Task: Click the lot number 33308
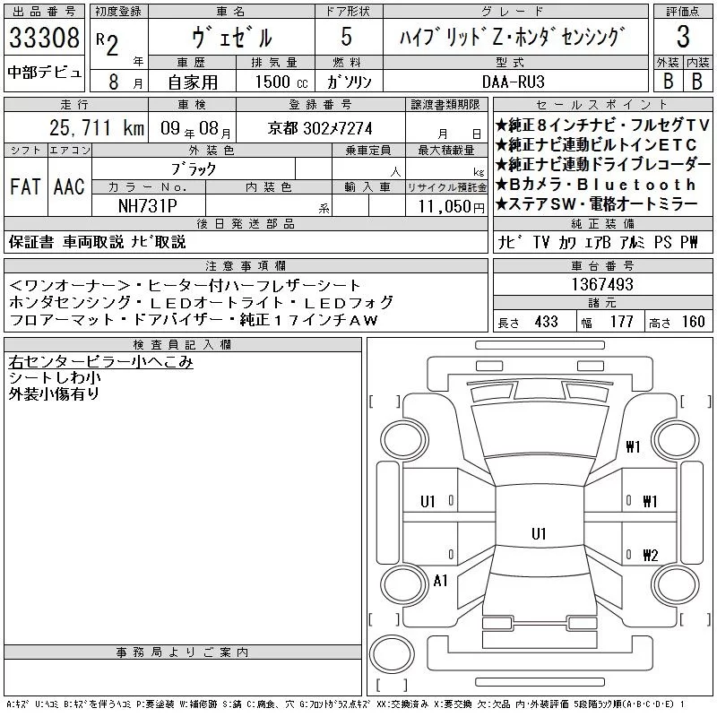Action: coord(44,38)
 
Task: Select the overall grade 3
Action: coord(683,37)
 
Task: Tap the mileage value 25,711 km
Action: coord(97,128)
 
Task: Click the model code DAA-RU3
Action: coord(513,82)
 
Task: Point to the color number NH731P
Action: coord(148,206)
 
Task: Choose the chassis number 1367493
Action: coord(602,284)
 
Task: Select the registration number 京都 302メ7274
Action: coord(320,128)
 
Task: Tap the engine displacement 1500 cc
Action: coord(281,82)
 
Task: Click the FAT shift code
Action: coord(26,186)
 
